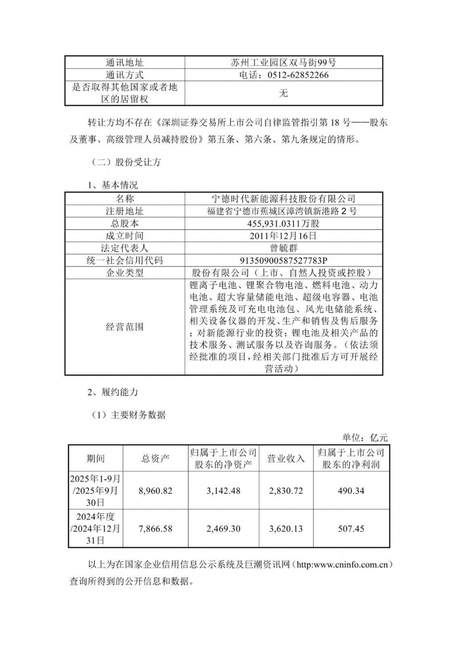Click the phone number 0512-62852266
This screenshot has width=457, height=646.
pos(283,75)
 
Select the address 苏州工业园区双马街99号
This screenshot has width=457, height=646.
pos(283,63)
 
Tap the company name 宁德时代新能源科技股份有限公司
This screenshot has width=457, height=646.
pos(283,199)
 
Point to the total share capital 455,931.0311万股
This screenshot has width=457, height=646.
pos(283,224)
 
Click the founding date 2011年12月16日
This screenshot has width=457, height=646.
pos(283,236)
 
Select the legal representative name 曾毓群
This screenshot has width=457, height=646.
pos(283,248)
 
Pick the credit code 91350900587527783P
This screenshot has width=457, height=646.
pos(283,260)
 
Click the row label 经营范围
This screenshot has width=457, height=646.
pos(125,327)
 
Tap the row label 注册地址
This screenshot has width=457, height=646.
pos(125,211)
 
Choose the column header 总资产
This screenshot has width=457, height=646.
pos(155,458)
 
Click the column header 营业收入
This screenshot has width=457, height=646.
pos(286,458)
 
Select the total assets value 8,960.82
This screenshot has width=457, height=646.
pos(155,491)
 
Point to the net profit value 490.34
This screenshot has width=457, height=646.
pos(351,491)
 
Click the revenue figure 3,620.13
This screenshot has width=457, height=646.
pos(286,529)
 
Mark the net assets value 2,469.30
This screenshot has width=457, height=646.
pos(223,529)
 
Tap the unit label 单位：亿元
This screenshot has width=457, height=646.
pos(365,438)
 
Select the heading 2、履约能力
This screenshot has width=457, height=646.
pos(112,392)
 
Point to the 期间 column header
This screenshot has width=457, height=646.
pos(96,458)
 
